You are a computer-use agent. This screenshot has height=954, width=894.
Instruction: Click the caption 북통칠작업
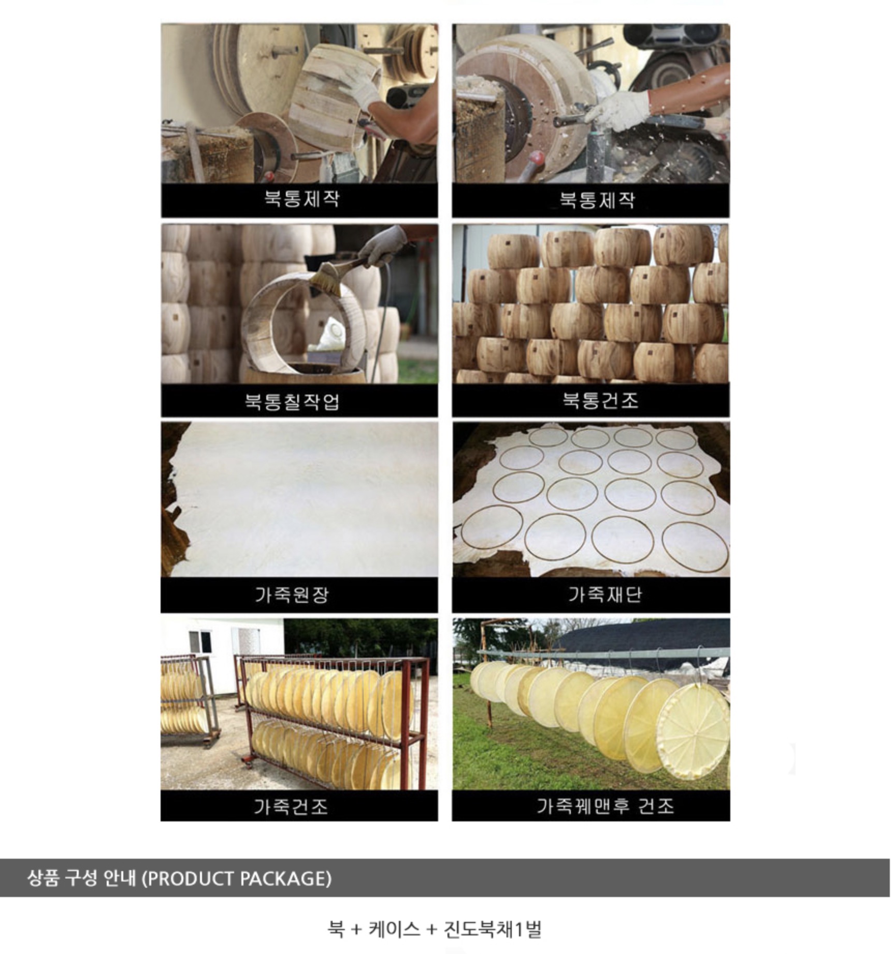(292, 401)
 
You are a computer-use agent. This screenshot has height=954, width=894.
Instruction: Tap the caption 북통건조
(600, 400)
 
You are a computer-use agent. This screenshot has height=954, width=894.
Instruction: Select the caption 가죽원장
(292, 595)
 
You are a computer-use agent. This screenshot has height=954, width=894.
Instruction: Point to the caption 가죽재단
(605, 595)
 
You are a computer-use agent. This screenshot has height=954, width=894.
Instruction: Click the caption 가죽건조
(291, 806)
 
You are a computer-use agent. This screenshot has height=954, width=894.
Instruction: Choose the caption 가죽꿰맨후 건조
(605, 806)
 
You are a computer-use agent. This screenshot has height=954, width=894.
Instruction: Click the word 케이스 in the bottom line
(394, 929)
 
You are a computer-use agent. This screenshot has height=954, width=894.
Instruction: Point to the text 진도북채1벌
(493, 929)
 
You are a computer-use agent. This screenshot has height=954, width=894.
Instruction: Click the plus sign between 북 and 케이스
(356, 930)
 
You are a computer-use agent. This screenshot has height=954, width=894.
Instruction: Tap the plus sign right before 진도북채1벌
(431, 930)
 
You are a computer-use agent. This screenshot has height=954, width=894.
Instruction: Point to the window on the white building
(200, 642)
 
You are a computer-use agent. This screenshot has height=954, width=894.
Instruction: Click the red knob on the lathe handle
(537, 157)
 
